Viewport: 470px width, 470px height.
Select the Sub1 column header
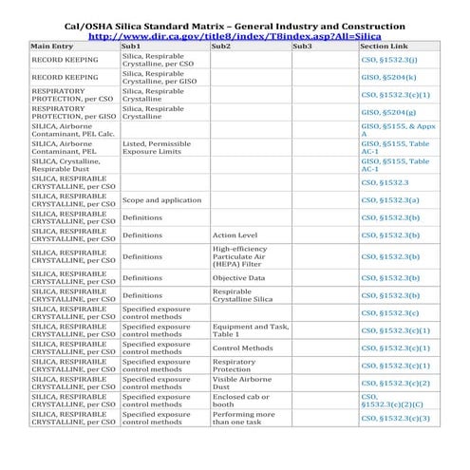[132, 46]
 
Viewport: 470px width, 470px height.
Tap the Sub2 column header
[220, 46]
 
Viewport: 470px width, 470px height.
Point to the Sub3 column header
[302, 46]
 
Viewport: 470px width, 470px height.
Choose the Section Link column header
[385, 46]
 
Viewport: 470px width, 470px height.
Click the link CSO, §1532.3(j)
[388, 60]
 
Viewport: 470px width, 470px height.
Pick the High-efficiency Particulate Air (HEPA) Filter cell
[239, 256]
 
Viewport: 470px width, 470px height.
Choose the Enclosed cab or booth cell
[241, 401]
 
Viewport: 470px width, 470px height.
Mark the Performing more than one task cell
[243, 418]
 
